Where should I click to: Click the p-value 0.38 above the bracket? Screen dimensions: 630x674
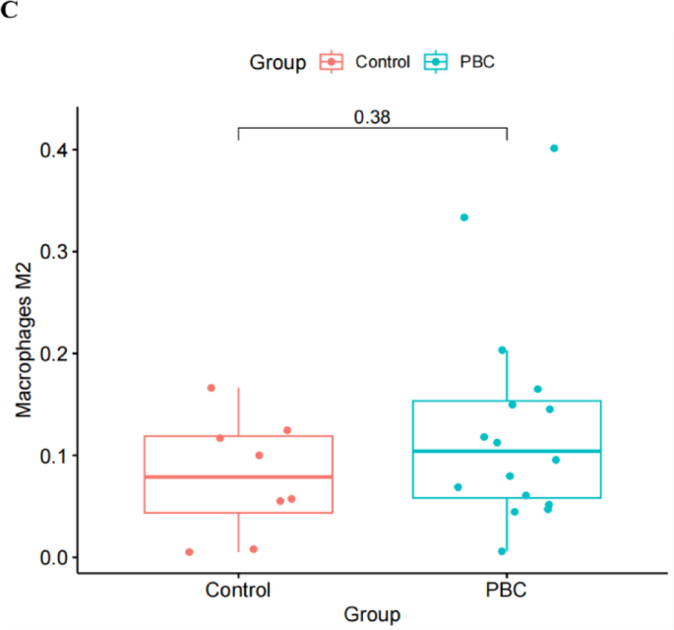(x=372, y=116)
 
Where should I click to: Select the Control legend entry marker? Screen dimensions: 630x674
(x=332, y=62)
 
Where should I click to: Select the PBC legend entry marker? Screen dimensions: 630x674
(x=434, y=62)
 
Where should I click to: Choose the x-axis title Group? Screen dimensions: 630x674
(x=372, y=615)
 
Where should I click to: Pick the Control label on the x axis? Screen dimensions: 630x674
(x=238, y=591)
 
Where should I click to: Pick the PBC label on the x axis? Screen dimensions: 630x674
(x=507, y=591)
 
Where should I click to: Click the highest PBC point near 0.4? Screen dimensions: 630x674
(x=554, y=149)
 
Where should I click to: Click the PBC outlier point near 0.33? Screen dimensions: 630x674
(x=464, y=218)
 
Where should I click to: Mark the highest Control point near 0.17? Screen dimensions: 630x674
(x=211, y=388)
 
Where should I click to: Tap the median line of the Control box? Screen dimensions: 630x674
(x=238, y=476)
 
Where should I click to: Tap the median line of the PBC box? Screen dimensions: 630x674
(x=507, y=451)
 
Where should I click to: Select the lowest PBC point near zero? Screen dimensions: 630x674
(x=502, y=551)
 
